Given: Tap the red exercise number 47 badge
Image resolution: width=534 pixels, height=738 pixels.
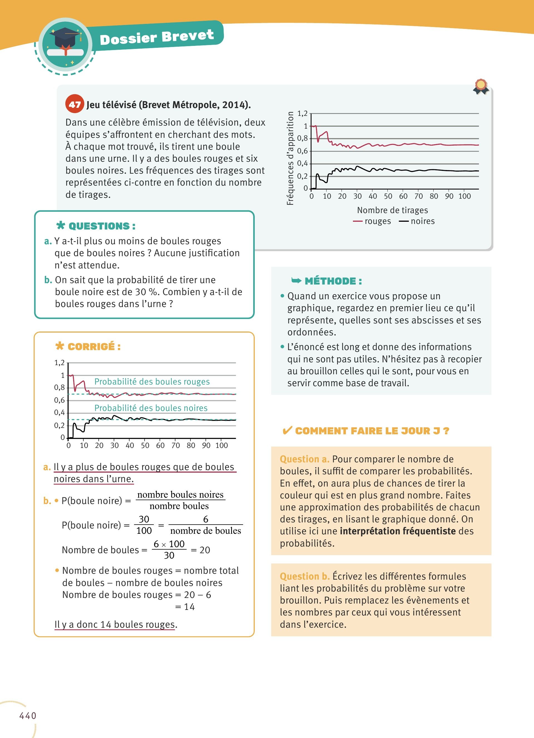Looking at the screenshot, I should tap(75, 104).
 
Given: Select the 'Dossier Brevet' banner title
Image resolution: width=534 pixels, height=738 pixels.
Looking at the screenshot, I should tap(157, 37).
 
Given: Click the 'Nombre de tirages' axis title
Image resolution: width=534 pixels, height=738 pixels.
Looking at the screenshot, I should tap(392, 210).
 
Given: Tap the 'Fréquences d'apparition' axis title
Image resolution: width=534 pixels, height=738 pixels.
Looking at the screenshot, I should tap(290, 158).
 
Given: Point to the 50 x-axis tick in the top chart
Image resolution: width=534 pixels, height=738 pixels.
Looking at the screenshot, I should tap(388, 196).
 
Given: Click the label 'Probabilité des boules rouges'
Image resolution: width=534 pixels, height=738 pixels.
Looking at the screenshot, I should tap(152, 382).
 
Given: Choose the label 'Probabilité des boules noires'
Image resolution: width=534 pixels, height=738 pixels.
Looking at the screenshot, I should tap(151, 408).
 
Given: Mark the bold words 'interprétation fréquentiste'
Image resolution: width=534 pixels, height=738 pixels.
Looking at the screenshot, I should tap(397, 531).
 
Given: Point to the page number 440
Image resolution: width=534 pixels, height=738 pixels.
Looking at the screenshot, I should tap(28, 715).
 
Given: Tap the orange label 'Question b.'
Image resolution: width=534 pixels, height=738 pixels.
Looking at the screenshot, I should tap(305, 576).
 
